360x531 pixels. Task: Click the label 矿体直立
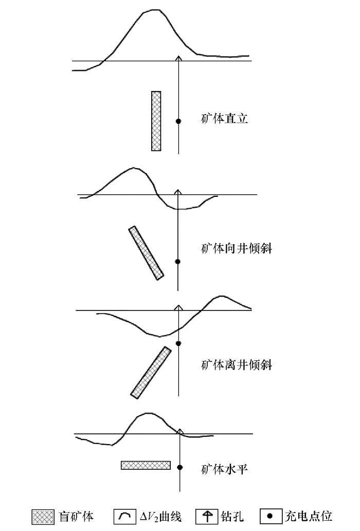225,119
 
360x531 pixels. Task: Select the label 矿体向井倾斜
237,249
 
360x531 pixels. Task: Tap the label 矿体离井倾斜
237,365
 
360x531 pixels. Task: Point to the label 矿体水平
225,469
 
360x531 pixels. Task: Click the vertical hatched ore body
156,121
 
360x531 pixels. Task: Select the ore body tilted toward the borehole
146,253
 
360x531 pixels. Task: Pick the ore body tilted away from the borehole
151,372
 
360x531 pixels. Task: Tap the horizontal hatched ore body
146,465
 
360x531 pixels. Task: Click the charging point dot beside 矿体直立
178,121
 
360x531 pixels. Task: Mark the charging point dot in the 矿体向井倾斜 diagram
178,262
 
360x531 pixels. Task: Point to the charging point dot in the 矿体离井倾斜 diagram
179,343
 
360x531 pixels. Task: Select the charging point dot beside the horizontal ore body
180,467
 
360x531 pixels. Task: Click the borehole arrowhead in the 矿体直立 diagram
178,58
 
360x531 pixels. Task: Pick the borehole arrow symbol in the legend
207,517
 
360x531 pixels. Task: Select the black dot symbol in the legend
270,517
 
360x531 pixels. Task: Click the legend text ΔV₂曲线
160,517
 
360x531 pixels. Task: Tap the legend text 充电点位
309,517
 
